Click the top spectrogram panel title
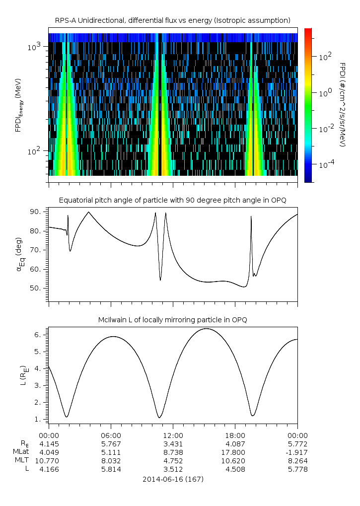172,20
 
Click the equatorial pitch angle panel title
172,201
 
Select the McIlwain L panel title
172,320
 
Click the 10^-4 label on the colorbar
325,164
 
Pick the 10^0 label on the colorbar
325,93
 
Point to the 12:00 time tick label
172,434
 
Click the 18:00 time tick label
235,434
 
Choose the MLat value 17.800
235,452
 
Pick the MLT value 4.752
172,461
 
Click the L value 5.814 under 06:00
110,469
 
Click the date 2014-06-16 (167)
172,479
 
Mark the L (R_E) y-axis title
23,375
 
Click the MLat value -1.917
297,452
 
